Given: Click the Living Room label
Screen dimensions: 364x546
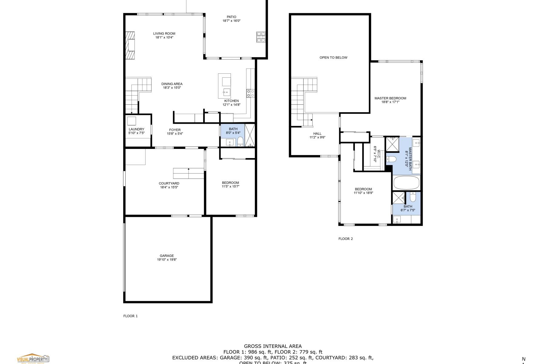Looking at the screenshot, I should click(164, 34).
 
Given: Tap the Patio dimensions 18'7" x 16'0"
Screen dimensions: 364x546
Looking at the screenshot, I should click(231, 21).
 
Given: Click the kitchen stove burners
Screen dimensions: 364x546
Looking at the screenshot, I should click(251, 93).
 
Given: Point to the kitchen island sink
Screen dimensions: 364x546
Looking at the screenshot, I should click(227, 92).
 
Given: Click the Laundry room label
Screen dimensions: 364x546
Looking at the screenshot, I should click(136, 129).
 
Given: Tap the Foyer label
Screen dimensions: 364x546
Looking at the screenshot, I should click(175, 130).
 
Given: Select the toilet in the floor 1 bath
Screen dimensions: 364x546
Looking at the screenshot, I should click(240, 141).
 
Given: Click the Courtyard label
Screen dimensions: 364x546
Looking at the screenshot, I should click(169, 183).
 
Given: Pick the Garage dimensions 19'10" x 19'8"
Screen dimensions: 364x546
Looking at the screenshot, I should click(167, 260).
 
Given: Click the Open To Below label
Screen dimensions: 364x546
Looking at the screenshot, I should click(333, 58).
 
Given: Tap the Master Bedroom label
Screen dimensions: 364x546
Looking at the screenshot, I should click(390, 98).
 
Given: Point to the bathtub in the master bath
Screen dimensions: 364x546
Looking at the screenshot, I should click(406, 183).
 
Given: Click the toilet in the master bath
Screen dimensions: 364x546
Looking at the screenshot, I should click(391, 159).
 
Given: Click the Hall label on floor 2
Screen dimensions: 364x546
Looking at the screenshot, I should click(317, 133).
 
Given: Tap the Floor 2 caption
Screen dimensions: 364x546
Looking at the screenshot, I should click(345, 239).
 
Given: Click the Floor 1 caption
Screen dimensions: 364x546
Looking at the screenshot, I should click(130, 316).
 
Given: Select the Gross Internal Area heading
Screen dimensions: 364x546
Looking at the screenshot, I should click(273, 346).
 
